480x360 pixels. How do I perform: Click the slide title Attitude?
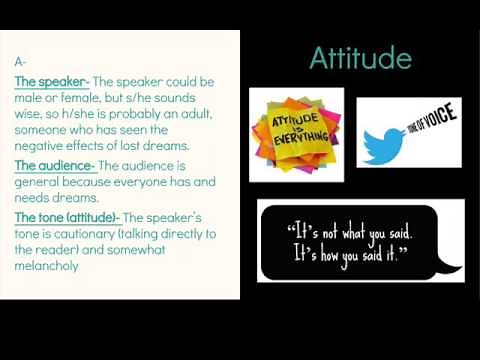[x=360, y=58]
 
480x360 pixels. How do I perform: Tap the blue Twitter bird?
[x=388, y=140]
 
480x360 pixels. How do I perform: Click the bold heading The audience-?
[x=55, y=165]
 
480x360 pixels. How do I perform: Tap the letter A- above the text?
[x=21, y=62]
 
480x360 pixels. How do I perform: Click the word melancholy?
[x=47, y=267]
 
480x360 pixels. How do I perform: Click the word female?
[x=83, y=97]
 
